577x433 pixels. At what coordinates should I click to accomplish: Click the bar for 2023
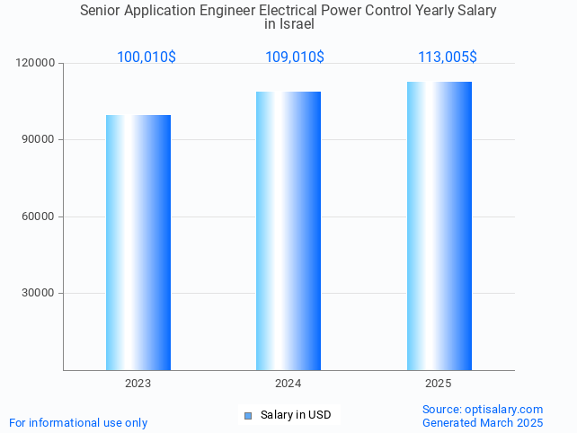pos(138,243)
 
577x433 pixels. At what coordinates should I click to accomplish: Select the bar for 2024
pos(288,231)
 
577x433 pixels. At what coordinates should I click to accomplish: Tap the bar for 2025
pos(439,225)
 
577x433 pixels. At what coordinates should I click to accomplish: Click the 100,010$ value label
pos(146,57)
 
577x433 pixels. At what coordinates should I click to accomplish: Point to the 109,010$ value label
pos(295,57)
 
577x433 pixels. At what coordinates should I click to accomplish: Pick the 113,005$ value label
pos(448,57)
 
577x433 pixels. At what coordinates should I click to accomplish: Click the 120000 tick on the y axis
pos(35,64)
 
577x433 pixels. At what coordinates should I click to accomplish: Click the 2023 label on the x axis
pos(138,384)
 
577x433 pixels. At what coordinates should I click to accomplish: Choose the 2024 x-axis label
pos(288,384)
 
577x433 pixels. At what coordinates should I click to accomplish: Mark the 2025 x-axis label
pos(439,384)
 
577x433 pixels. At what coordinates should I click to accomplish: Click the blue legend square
pos(248,415)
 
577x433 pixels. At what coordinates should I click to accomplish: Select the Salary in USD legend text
pos(296,415)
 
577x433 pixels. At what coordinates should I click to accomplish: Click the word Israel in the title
pos(288,24)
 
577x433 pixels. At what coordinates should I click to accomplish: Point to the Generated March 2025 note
pos(483,422)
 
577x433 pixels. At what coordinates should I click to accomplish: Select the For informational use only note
pos(78,422)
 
